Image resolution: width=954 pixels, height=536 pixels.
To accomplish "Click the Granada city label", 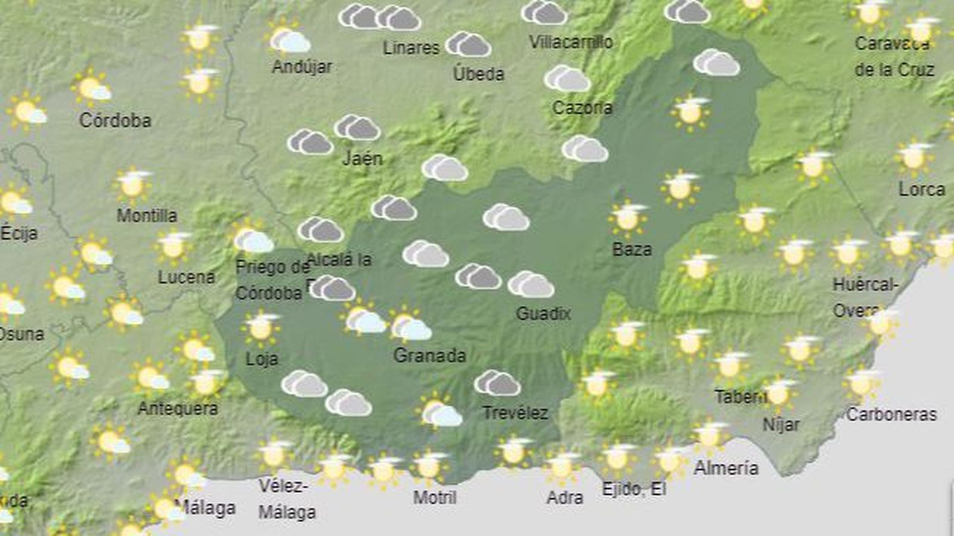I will click(x=429, y=355).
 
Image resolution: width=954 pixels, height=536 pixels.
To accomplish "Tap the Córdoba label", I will click(x=115, y=120).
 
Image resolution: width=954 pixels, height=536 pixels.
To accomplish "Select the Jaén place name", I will click(x=363, y=159).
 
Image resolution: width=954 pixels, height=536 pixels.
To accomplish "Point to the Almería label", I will click(x=726, y=468).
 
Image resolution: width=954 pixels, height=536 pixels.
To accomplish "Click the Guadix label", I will click(x=543, y=314).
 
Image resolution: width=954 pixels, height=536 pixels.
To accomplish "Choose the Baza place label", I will click(x=632, y=249).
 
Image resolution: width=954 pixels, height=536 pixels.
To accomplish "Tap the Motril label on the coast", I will click(x=435, y=497).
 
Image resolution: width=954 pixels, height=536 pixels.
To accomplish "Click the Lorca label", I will click(x=922, y=190).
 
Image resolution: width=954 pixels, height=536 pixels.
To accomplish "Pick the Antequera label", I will click(x=178, y=408).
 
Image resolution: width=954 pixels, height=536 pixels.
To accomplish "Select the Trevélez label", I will click(x=515, y=413).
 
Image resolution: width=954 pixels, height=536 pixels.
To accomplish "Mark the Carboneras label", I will click(x=891, y=414).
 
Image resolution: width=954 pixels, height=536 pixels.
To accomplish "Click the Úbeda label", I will click(x=478, y=74).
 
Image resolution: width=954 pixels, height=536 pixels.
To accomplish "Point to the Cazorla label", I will click(x=582, y=108).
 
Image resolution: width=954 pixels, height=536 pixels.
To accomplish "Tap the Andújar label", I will click(x=302, y=66).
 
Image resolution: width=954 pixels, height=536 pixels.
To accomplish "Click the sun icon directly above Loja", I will click(x=261, y=327).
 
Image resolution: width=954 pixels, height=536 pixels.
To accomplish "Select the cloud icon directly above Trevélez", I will click(x=497, y=383).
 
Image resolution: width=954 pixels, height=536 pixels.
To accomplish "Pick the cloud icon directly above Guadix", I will click(x=531, y=285).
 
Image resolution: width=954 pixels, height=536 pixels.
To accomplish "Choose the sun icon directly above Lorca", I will click(x=914, y=157).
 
